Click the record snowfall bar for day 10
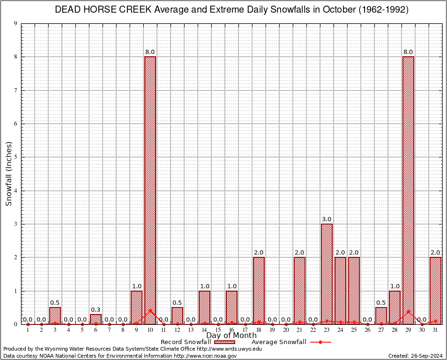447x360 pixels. (x=150, y=187)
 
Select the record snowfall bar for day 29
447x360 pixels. (x=408, y=187)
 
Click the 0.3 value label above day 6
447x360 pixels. (x=96, y=310)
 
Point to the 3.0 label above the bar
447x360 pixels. (x=327, y=219)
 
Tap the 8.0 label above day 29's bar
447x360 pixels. (x=408, y=52)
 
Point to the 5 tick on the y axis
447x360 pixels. (x=15, y=157)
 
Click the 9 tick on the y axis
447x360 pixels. (x=15, y=23)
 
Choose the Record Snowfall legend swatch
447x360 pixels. (x=225, y=342)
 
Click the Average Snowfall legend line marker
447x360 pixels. (x=320, y=342)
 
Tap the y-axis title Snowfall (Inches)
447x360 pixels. (x=9, y=174)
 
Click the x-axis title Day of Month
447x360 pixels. (x=231, y=336)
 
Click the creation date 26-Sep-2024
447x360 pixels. (x=426, y=356)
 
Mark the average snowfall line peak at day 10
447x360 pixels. (x=150, y=310)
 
